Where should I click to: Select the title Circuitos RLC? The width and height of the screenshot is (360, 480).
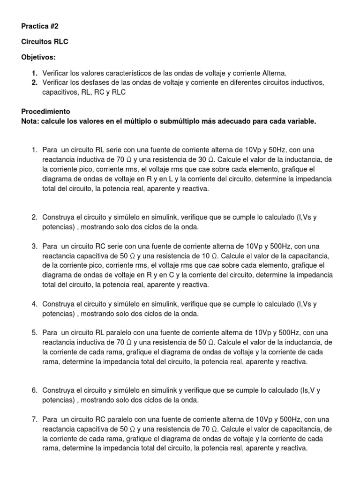click(45, 42)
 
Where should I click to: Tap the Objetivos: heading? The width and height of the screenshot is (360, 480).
click(38, 57)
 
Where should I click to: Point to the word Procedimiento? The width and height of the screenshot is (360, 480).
click(45, 112)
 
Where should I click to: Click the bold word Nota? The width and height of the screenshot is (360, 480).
click(31, 121)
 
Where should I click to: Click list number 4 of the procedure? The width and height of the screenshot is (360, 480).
click(34, 304)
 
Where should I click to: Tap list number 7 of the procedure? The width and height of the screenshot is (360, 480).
click(34, 420)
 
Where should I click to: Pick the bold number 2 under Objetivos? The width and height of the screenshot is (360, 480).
click(34, 82)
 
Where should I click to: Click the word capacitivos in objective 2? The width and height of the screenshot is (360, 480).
click(60, 92)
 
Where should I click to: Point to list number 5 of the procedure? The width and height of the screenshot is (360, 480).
click(34, 333)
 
